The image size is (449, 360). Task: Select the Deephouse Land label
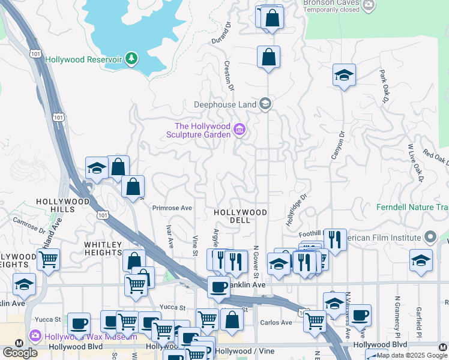coord(225,104)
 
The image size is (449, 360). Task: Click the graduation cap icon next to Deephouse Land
coord(265,104)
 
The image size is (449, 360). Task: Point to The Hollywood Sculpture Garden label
coord(202,130)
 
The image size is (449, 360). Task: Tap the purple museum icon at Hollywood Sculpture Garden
coord(240,130)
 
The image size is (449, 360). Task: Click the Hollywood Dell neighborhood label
coord(240,216)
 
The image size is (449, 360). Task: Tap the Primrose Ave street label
coord(172,208)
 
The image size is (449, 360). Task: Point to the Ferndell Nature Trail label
coord(412,208)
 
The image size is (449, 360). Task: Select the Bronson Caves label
coord(331,3)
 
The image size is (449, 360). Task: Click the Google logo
coord(20,352)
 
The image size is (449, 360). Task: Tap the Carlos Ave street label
coord(276,323)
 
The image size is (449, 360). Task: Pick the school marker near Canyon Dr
coord(344,76)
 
